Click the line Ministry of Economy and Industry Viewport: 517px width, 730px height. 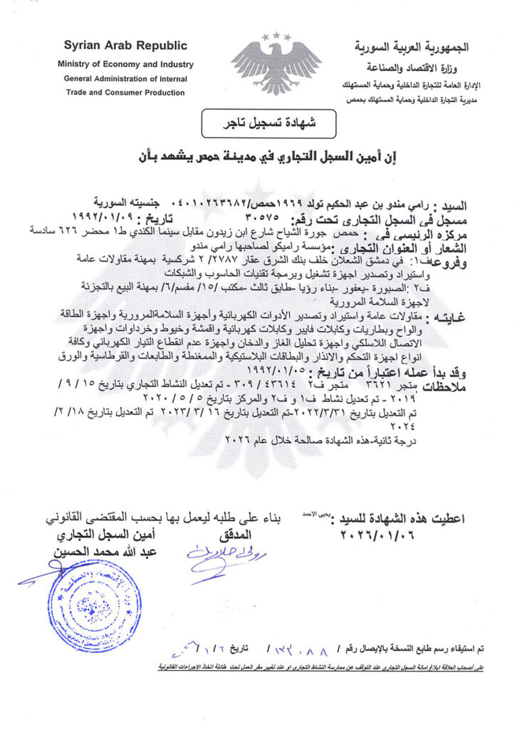point(125,65)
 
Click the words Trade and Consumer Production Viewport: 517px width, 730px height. point(125,92)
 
